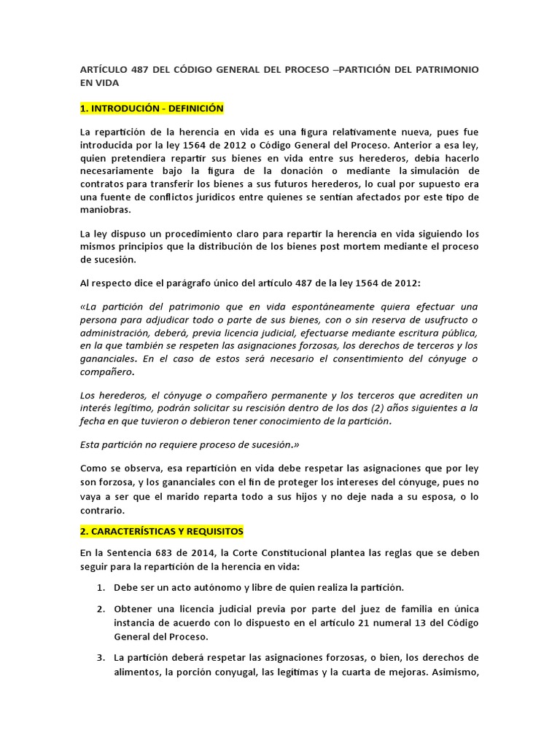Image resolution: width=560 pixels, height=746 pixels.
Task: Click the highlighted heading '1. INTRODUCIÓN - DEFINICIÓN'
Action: (x=151, y=109)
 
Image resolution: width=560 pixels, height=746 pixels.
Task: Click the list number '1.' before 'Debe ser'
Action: (x=101, y=586)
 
